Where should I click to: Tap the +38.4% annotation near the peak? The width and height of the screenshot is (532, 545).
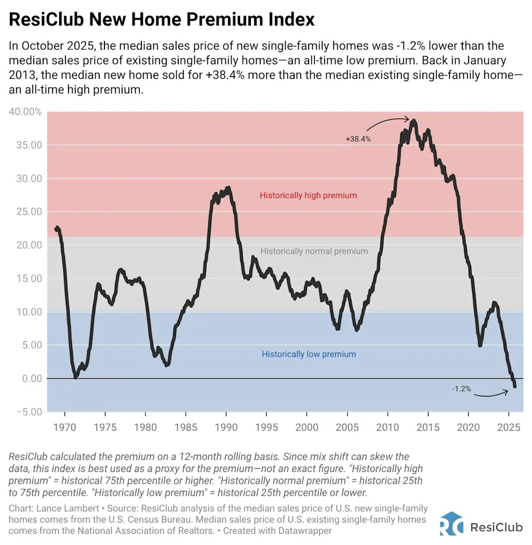pos(358,139)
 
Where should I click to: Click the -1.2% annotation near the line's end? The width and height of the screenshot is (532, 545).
pos(461,389)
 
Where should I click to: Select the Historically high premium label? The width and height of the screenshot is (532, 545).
pos(308,196)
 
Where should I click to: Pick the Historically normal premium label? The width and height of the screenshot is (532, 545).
pos(314,251)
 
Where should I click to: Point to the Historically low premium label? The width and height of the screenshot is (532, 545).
pos(309,354)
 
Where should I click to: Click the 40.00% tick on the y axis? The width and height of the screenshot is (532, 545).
pos(25,112)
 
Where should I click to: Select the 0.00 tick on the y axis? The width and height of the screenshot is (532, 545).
pos(29,379)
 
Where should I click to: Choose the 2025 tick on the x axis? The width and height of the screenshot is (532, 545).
pos(509,428)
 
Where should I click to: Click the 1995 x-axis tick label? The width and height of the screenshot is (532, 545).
pos(267,428)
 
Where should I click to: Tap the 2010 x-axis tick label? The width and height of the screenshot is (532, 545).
pos(388,428)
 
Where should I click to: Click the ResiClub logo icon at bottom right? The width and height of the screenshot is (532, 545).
pos(451,523)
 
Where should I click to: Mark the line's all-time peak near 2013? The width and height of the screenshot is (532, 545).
pos(413,121)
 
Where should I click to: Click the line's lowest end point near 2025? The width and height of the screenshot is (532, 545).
pos(515,387)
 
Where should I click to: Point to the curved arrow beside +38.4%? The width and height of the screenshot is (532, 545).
pos(387,124)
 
